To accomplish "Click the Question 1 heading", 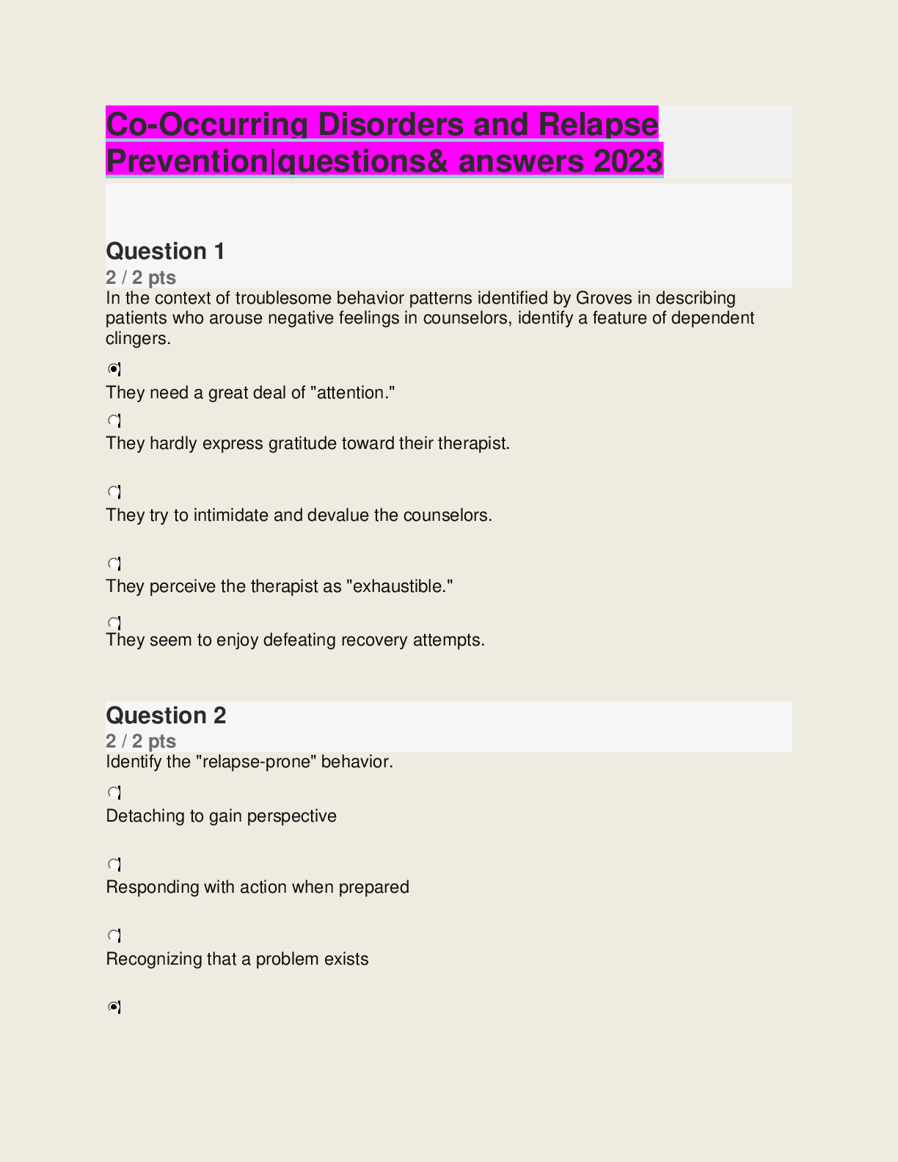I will tap(165, 252).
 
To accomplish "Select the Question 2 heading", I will tap(166, 715).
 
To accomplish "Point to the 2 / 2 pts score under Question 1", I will tap(141, 277).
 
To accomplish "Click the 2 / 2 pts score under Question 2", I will tap(141, 741).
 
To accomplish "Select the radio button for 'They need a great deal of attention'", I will tap(114, 369).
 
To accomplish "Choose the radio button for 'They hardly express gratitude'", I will tap(114, 420).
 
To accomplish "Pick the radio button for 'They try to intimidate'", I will tap(114, 492).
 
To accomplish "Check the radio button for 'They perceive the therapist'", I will tap(114, 563).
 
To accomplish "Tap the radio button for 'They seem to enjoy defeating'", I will tap(114, 623).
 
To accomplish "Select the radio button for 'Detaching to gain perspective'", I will tap(114, 792).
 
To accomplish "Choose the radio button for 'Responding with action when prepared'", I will tap(114, 864).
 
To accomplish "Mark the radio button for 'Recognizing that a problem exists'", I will tap(114, 935).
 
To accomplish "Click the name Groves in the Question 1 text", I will tap(602, 298).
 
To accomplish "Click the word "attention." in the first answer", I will tap(353, 393).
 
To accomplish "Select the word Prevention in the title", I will tap(188, 161).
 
